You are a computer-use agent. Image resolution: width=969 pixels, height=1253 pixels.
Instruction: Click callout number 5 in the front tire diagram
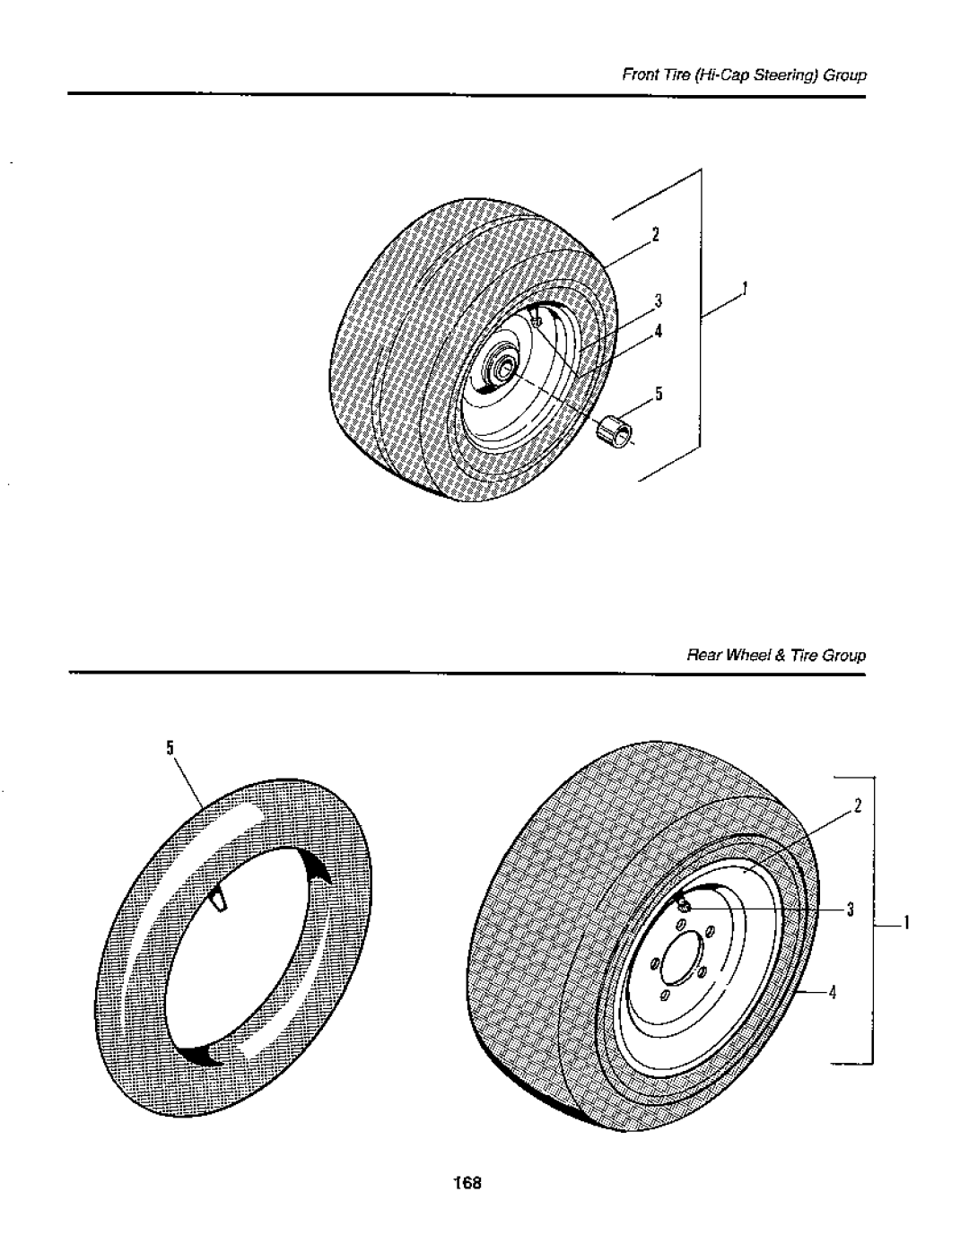(658, 393)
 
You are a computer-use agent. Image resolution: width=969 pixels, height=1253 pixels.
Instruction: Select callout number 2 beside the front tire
(656, 235)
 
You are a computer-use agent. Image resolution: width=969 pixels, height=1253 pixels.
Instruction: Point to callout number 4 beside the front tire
(657, 331)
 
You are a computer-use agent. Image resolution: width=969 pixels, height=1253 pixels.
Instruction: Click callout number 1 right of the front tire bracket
(744, 289)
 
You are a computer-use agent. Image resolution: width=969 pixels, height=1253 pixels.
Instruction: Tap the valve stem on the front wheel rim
(536, 317)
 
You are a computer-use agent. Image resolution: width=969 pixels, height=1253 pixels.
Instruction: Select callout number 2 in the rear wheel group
(857, 804)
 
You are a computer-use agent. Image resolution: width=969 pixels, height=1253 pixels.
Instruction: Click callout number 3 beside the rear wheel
(857, 909)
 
